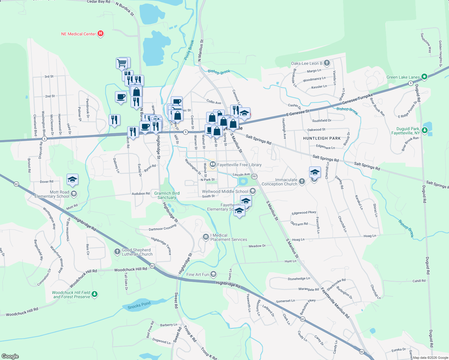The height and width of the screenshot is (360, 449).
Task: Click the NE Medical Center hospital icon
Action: click(x=101, y=34)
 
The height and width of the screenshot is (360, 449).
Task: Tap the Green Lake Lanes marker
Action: click(x=424, y=77)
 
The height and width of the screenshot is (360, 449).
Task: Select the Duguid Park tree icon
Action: click(x=424, y=130)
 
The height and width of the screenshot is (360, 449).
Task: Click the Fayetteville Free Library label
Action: click(x=239, y=165)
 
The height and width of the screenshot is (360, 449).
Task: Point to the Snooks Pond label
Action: click(x=139, y=305)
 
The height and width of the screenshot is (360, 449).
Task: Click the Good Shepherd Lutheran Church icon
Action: click(x=117, y=251)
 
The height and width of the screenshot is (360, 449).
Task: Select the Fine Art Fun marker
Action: click(x=213, y=274)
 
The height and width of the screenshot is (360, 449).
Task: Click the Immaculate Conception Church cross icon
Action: click(x=302, y=181)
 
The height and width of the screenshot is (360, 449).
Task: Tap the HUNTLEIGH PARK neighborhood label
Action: click(x=322, y=138)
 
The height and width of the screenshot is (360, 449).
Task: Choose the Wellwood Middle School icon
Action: click(x=253, y=191)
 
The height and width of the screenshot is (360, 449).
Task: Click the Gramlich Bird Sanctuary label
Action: click(x=167, y=195)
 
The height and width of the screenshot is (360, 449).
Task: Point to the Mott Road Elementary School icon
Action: click(x=74, y=194)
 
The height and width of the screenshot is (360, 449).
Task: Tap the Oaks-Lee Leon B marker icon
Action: click(x=327, y=63)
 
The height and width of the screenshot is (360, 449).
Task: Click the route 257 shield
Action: click(x=254, y=176)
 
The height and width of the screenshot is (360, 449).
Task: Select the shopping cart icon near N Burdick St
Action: click(x=122, y=63)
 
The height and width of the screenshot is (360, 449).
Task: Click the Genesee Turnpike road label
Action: click(x=357, y=99)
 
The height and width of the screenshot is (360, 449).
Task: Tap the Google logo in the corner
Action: click(x=10, y=356)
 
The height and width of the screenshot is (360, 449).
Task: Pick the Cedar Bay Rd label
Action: click(x=98, y=2)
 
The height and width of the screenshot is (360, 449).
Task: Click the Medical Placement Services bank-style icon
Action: click(x=206, y=237)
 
